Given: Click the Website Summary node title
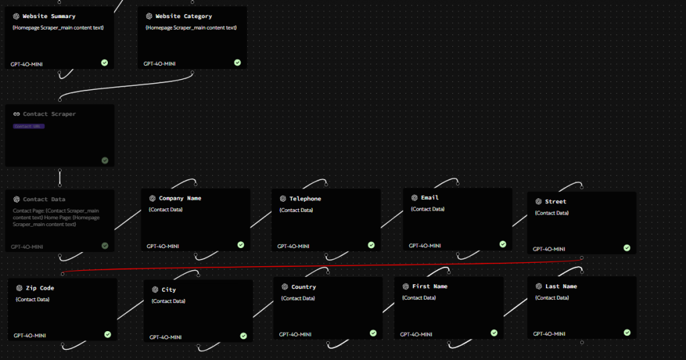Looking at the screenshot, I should [x=49, y=16].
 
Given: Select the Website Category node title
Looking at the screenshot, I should [x=184, y=16].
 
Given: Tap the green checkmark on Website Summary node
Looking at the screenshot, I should [x=105, y=62].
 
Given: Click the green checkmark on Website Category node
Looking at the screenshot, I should [x=237, y=62].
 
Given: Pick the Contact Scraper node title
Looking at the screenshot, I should [x=50, y=114].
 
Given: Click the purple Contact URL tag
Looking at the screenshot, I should [x=29, y=126].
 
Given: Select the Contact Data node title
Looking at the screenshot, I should [x=44, y=199].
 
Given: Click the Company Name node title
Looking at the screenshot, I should [x=180, y=198].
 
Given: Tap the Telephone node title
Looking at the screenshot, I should [x=305, y=198].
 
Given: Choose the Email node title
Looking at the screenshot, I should [x=429, y=198].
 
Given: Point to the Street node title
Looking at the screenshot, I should [x=555, y=201].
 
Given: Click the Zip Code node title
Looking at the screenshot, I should [x=40, y=288].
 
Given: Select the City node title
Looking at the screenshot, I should [x=169, y=290].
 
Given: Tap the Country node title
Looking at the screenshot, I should [x=303, y=287].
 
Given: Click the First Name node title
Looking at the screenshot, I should [x=429, y=286].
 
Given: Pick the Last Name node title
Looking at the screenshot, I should [x=561, y=286].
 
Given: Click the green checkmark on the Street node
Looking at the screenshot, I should [x=627, y=247].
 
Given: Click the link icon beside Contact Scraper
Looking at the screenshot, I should [x=17, y=114].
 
